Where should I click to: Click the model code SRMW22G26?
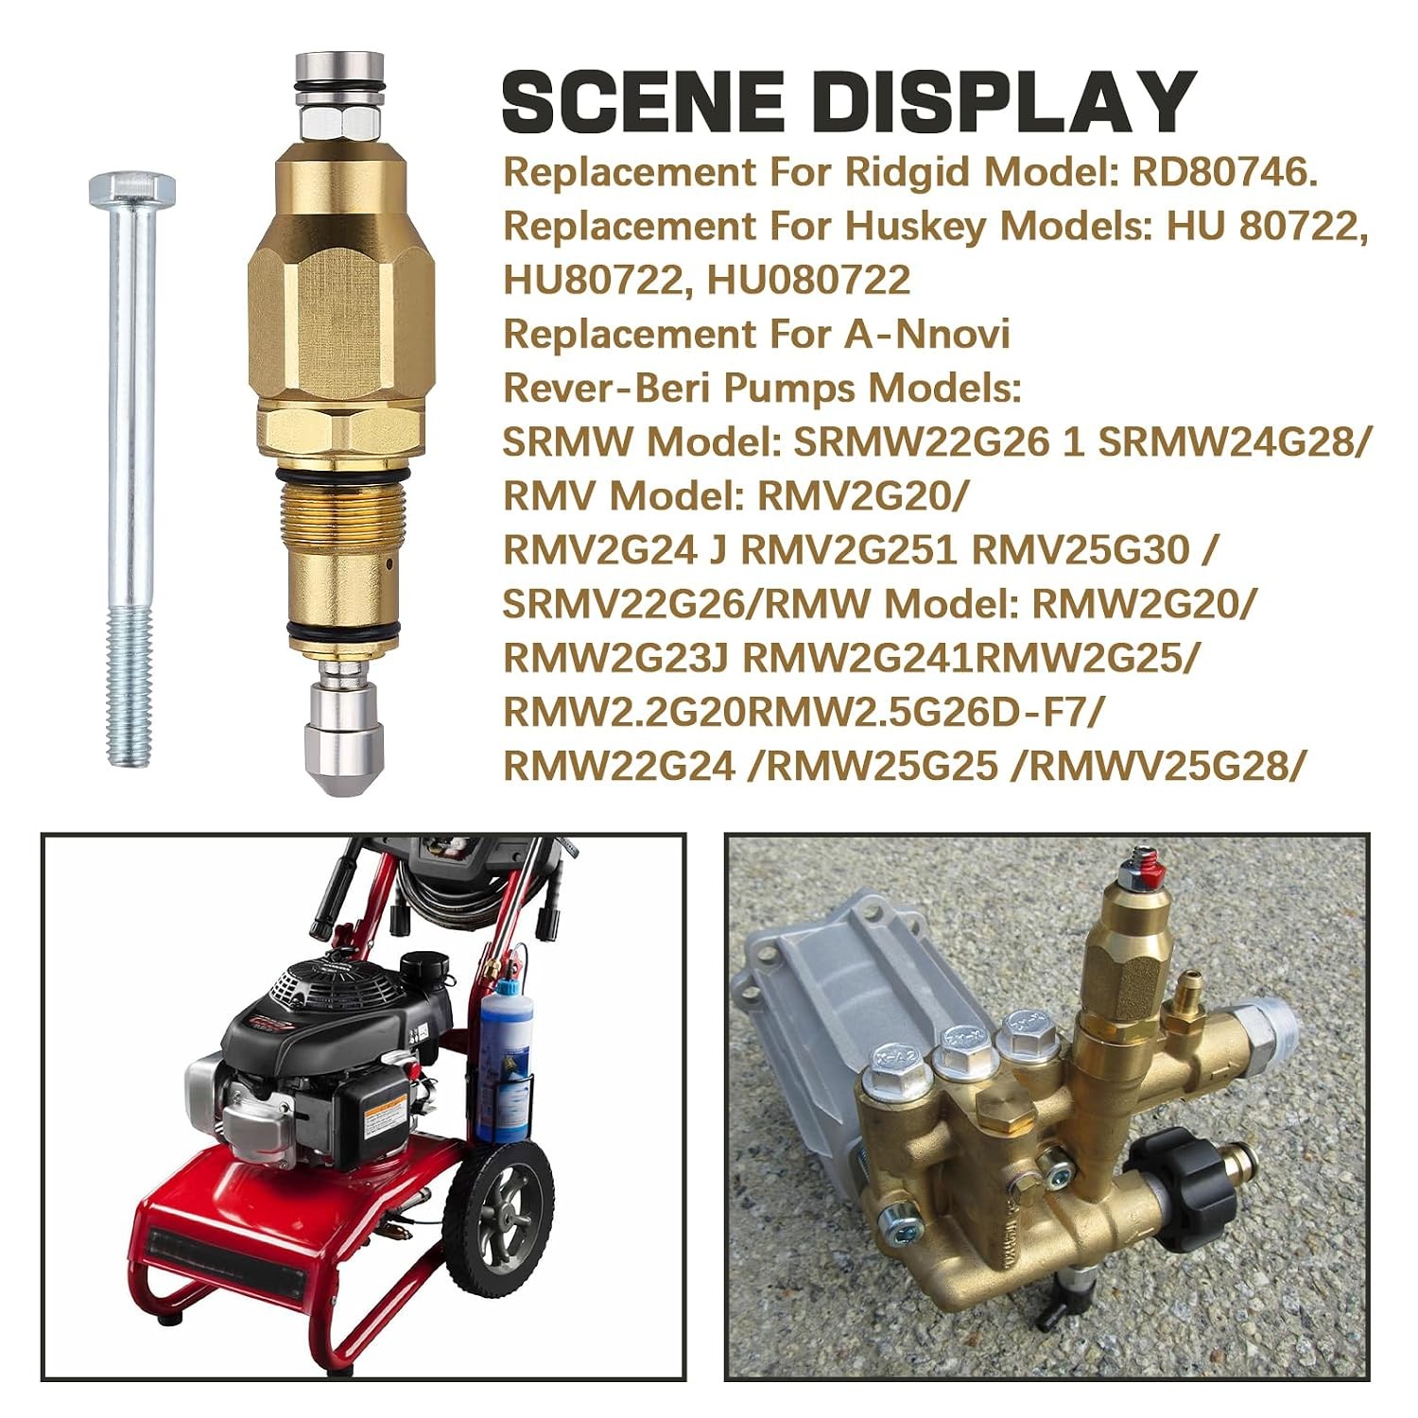pyautogui.click(x=922, y=441)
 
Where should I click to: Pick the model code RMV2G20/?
pyautogui.click(x=863, y=495)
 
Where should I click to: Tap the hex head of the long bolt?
pyautogui.click(x=131, y=192)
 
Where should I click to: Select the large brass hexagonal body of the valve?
pyautogui.click(x=341, y=312)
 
